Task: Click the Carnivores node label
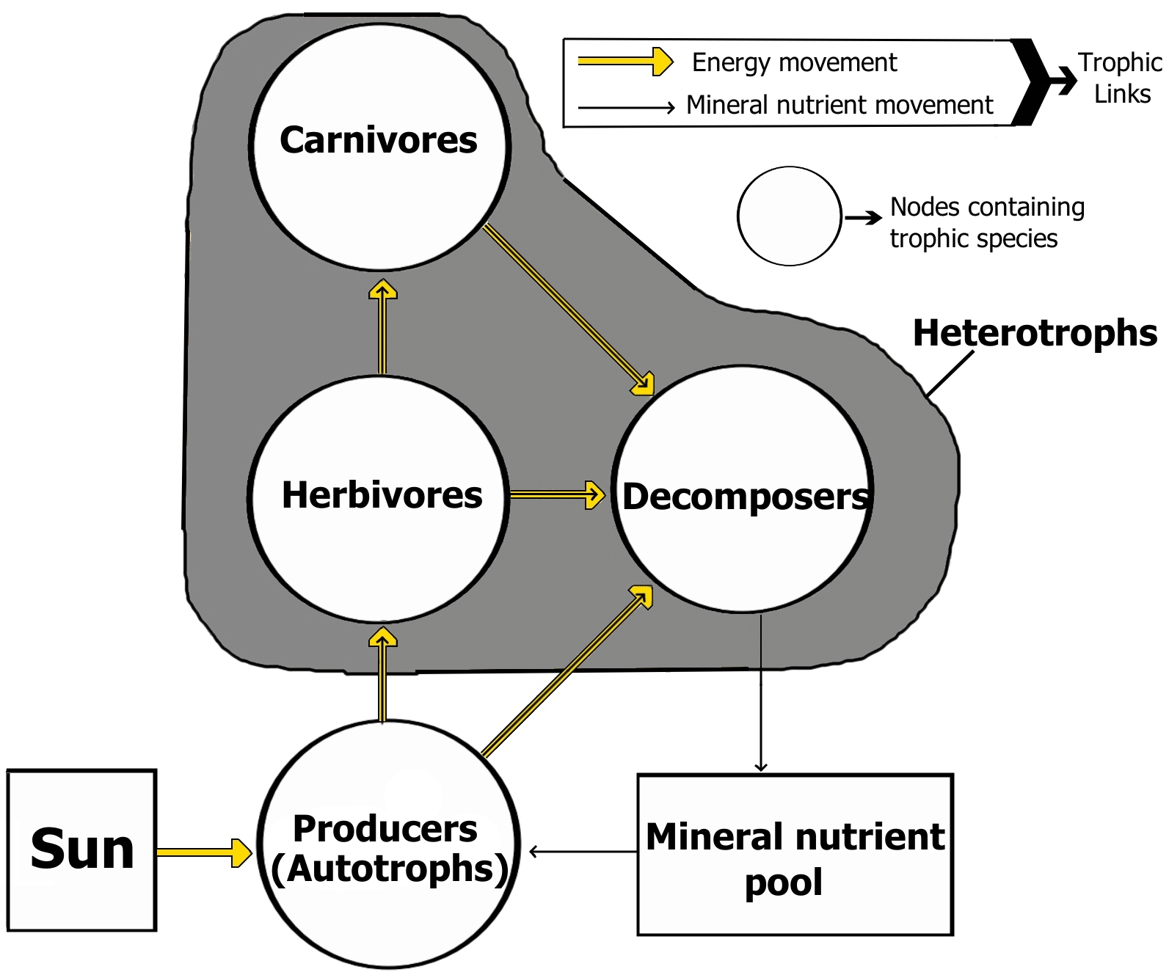(379, 139)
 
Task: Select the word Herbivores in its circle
(382, 495)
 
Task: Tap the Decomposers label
(746, 497)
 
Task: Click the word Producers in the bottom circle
(385, 829)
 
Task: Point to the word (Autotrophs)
(390, 869)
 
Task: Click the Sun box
(82, 850)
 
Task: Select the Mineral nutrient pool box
(795, 855)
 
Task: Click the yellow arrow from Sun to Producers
(204, 852)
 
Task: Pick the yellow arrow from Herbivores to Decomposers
(556, 495)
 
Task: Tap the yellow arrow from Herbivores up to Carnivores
(382, 327)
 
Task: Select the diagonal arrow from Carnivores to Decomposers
(568, 309)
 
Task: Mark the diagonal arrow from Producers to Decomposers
(567, 670)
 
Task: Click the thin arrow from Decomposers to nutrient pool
(761, 693)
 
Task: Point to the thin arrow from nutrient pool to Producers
(583, 852)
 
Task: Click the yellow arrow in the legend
(625, 62)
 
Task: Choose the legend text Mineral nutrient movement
(840, 105)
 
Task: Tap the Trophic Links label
(1121, 78)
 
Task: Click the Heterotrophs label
(1035, 333)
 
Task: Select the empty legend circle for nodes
(790, 216)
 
